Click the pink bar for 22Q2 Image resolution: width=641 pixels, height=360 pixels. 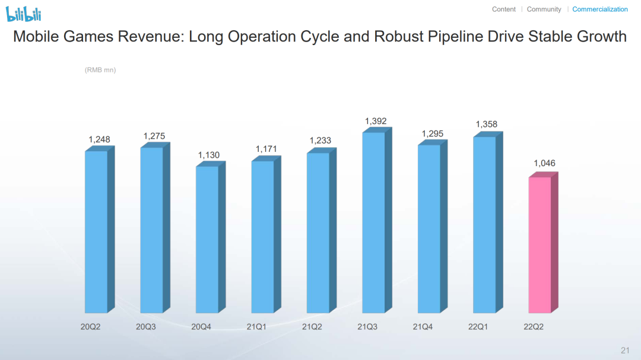click(x=540, y=244)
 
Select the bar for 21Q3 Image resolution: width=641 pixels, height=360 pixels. click(x=373, y=222)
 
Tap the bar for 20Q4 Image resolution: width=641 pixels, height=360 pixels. click(x=207, y=240)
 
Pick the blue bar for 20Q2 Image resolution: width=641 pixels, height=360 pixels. click(x=96, y=232)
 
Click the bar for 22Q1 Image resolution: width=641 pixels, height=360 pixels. click(x=484, y=225)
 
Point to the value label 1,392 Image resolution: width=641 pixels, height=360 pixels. click(x=376, y=122)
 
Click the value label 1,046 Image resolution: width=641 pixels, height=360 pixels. click(x=544, y=163)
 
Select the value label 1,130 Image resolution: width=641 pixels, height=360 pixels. click(x=209, y=155)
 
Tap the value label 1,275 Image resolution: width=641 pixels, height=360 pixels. click(x=154, y=136)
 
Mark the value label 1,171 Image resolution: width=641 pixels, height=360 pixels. click(x=266, y=149)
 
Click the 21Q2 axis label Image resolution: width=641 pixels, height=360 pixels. click(x=312, y=326)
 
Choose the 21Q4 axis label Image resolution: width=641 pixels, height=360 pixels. click(x=423, y=326)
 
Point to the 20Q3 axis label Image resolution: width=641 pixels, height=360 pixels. click(x=146, y=326)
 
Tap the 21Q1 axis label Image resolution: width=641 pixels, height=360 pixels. click(x=256, y=326)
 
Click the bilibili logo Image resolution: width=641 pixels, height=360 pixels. click(x=24, y=14)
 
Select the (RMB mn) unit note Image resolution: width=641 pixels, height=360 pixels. click(x=100, y=70)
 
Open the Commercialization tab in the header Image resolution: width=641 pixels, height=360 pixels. click(x=600, y=9)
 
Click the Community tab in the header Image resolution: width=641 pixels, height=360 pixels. click(x=544, y=9)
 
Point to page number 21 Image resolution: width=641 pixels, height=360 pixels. click(x=625, y=349)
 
